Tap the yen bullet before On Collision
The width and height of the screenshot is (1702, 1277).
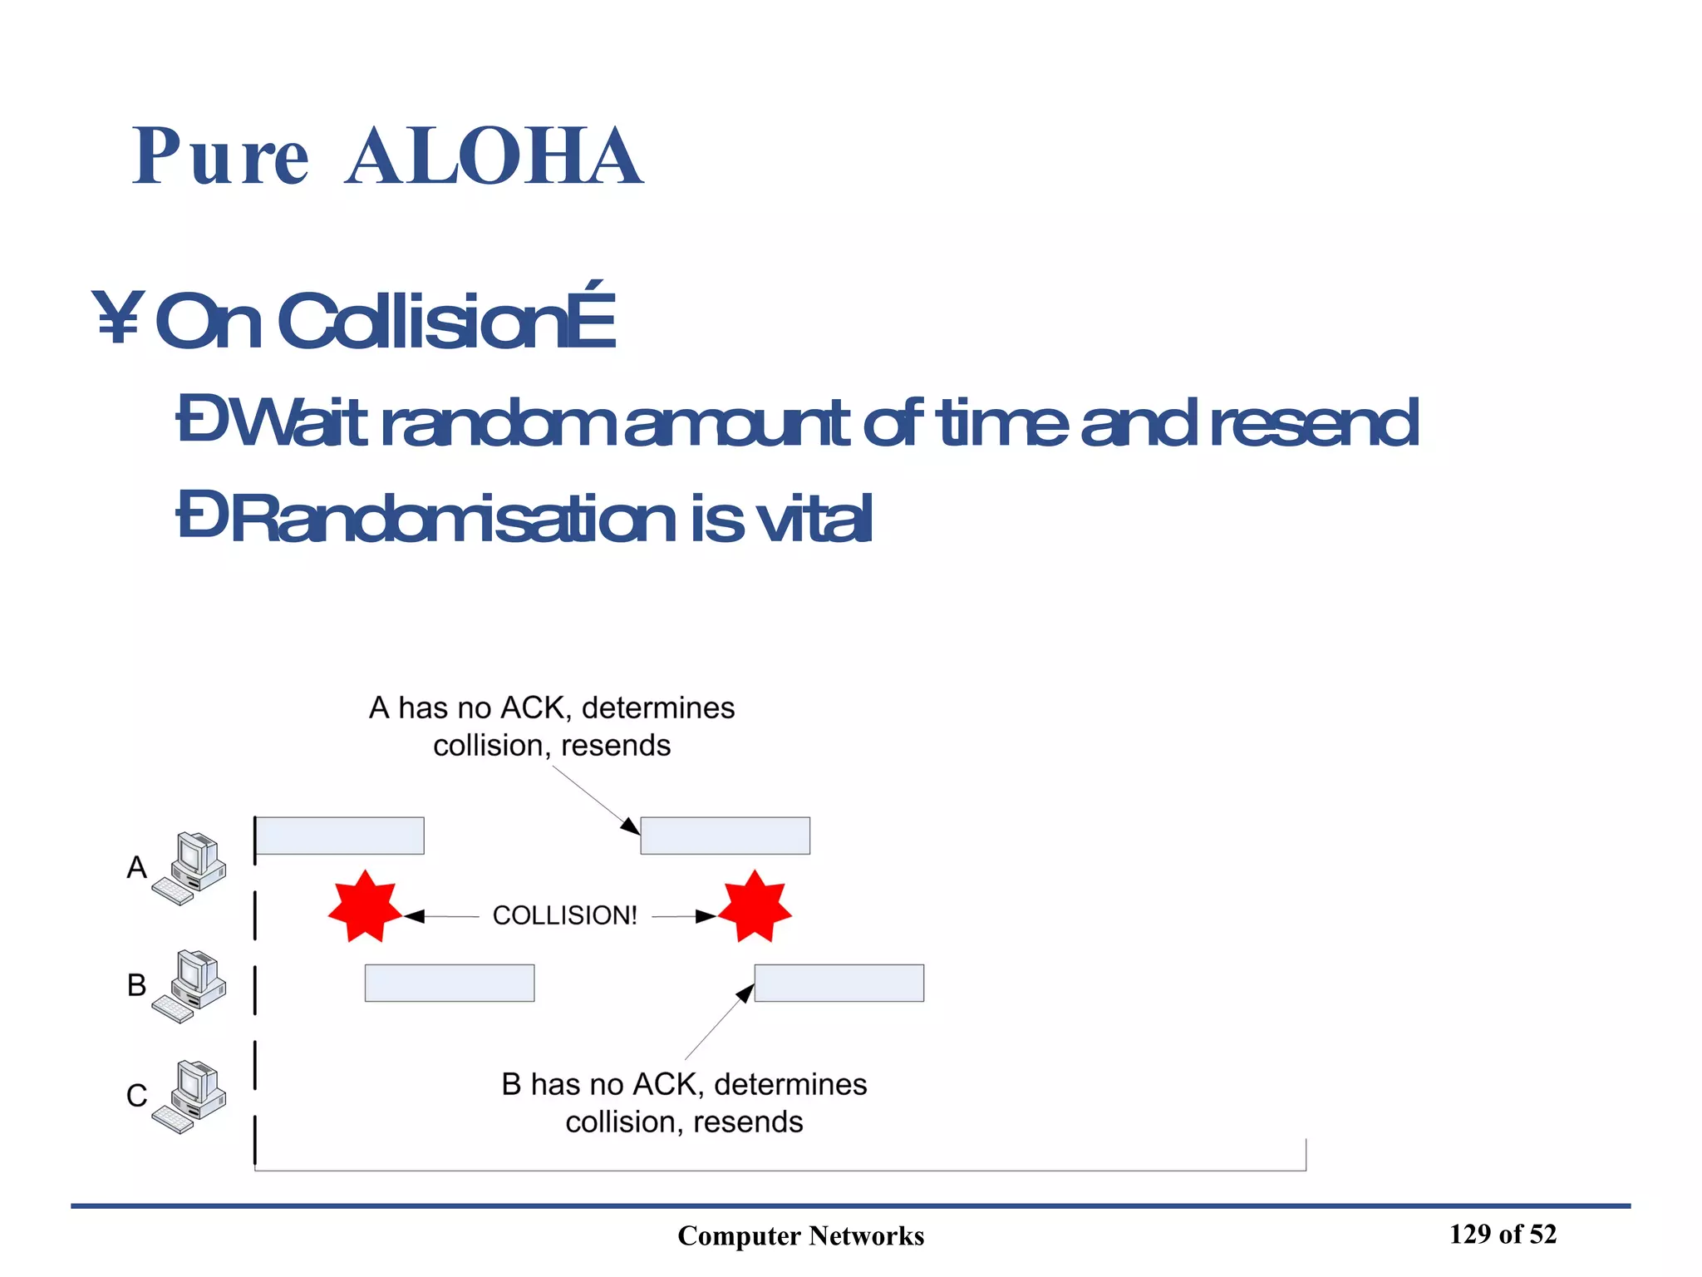point(118,318)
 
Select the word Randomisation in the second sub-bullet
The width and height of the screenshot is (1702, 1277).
point(453,518)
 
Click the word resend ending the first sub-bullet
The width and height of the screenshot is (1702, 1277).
point(1314,422)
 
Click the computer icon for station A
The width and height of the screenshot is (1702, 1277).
point(190,868)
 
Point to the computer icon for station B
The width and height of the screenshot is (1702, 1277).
point(190,986)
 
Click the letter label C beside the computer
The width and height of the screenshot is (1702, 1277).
point(136,1096)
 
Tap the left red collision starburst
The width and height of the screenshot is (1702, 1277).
point(365,907)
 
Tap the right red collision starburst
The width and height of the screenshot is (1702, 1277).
point(755,907)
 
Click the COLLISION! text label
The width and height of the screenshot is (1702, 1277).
point(564,915)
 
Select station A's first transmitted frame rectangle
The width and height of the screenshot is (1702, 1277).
point(340,836)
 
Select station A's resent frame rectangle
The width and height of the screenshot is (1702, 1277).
point(725,836)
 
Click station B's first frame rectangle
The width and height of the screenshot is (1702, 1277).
point(450,983)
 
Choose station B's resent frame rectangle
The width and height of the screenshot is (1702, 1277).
point(839,983)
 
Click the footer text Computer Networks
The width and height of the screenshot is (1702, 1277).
point(800,1235)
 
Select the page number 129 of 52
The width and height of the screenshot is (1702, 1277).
point(1503,1234)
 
